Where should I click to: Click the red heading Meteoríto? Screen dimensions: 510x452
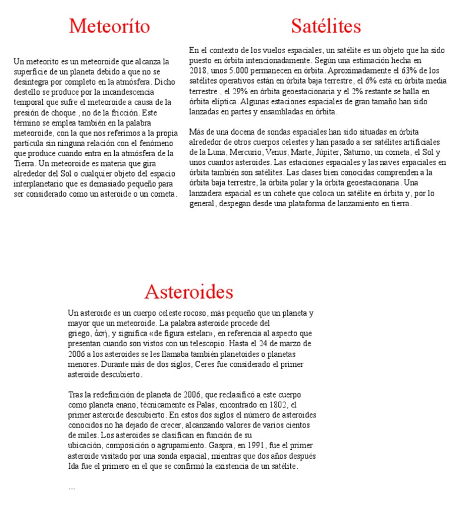pyautogui.click(x=109, y=27)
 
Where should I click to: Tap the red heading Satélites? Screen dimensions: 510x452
pyautogui.click(x=325, y=27)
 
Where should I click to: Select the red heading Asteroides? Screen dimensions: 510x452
pyautogui.click(x=188, y=292)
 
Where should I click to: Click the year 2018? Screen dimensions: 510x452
pyautogui.click(x=198, y=70)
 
